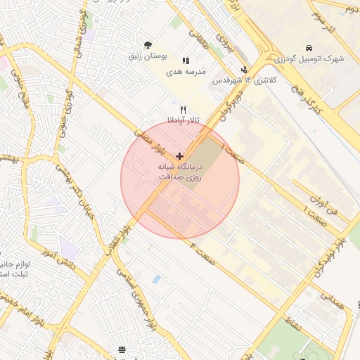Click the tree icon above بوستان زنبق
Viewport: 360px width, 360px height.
click(x=147, y=45)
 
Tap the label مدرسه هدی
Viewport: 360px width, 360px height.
click(x=185, y=72)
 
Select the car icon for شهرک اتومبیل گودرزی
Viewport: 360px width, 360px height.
click(x=309, y=49)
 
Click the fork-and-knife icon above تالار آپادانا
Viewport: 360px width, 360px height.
click(x=183, y=110)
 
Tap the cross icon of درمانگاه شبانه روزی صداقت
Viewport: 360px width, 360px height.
click(x=180, y=155)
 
